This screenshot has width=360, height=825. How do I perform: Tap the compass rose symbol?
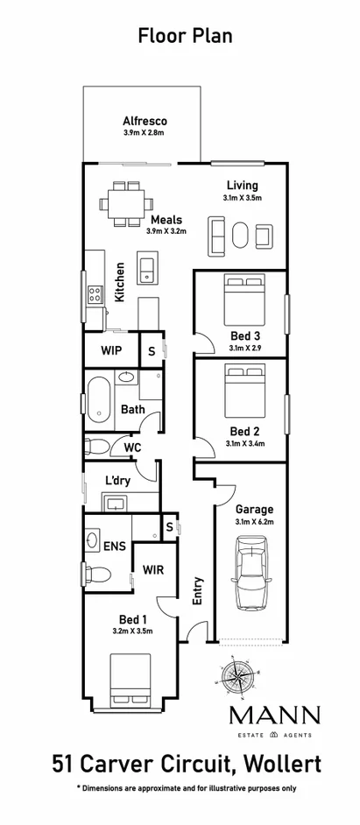click(236, 675)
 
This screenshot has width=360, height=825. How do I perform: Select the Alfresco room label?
click(145, 121)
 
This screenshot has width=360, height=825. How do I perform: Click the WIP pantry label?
click(110, 350)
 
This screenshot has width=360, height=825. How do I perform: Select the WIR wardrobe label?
click(155, 570)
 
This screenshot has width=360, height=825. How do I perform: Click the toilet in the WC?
click(96, 448)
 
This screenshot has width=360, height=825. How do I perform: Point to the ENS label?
click(114, 546)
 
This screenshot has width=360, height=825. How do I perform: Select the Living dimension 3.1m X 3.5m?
click(243, 198)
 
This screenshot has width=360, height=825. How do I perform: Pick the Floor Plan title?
click(180, 36)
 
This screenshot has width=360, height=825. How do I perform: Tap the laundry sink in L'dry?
click(116, 503)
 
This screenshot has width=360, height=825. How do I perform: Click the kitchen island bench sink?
click(148, 268)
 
